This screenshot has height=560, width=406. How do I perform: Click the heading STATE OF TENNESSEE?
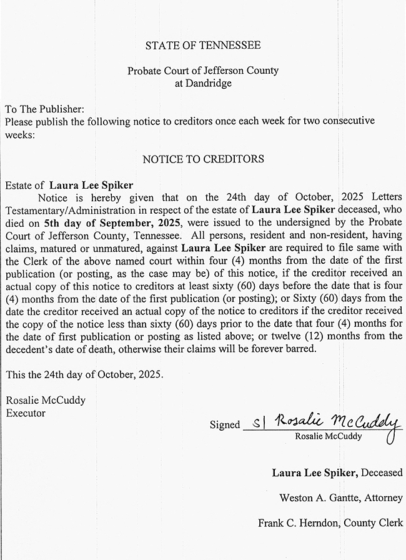203,46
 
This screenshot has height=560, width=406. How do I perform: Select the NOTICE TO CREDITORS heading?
203,159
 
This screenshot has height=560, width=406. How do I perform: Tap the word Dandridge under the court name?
203,82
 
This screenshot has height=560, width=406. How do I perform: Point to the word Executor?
26,412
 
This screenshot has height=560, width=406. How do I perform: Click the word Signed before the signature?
225,425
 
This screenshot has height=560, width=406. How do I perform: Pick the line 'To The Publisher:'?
44,108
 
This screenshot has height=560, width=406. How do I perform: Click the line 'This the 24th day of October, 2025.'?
84,375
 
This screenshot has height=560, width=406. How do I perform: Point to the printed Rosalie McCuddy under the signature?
328,436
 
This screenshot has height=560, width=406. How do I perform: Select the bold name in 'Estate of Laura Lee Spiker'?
92,185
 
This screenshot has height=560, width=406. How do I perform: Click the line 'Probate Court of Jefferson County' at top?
203,71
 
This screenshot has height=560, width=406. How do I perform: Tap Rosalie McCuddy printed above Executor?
46,400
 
